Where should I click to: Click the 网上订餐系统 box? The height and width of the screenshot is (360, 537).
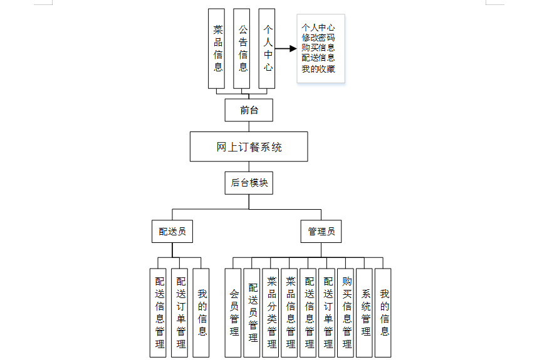[249, 147]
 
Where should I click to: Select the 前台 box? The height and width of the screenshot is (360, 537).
[249, 110]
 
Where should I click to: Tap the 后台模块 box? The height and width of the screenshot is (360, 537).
[249, 182]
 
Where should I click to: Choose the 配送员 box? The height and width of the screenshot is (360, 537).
[172, 231]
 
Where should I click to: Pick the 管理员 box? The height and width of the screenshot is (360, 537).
[321, 231]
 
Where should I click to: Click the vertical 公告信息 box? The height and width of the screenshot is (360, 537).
[242, 49]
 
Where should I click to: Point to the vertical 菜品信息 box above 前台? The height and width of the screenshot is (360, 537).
[217, 49]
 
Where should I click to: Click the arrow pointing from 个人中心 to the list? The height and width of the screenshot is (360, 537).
[286, 48]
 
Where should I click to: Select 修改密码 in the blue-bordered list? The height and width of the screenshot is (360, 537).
[318, 38]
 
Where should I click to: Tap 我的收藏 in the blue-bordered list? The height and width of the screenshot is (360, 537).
[318, 68]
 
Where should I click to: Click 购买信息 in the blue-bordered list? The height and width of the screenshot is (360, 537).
[318, 48]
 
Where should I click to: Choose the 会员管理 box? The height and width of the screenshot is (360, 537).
[234, 312]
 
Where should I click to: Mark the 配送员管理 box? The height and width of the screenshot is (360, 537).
[253, 312]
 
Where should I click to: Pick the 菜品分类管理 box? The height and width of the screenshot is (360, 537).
[271, 312]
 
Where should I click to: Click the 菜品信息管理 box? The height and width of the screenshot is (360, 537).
[290, 312]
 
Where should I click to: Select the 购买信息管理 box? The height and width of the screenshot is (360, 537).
[347, 312]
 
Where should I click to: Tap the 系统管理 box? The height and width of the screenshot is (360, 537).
[365, 312]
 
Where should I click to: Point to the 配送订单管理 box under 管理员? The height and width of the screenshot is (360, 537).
[328, 312]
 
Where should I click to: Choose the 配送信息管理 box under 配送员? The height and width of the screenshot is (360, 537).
[159, 312]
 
